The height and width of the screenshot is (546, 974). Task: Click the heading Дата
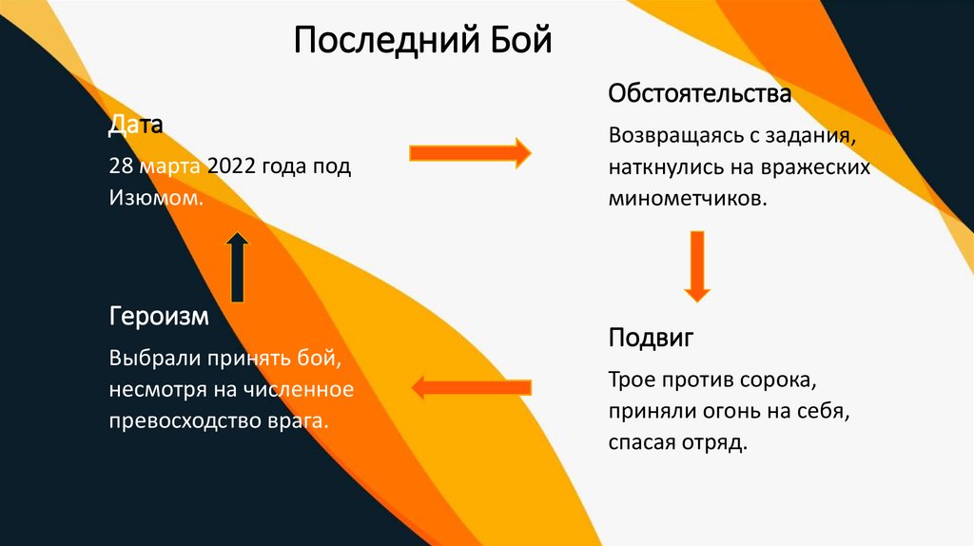[136, 125]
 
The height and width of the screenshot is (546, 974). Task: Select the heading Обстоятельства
[700, 95]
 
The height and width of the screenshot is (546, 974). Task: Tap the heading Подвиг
[652, 338]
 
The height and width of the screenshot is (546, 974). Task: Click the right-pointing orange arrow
[469, 152]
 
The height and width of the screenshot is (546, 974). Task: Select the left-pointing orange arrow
[470, 386]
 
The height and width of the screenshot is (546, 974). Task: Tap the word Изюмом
[155, 198]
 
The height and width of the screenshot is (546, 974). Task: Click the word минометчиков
[687, 200]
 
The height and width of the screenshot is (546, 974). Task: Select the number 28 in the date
[120, 167]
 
